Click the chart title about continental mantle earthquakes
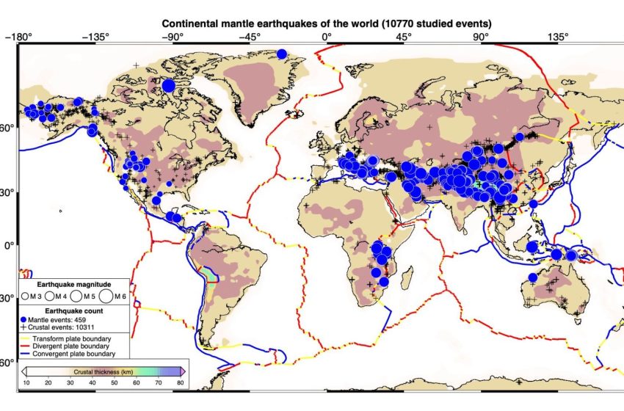(x=326, y=23)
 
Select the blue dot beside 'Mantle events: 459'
(x=24, y=320)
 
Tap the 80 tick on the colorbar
(x=181, y=383)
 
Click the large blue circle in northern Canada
(x=168, y=86)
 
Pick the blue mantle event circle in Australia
(x=533, y=277)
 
